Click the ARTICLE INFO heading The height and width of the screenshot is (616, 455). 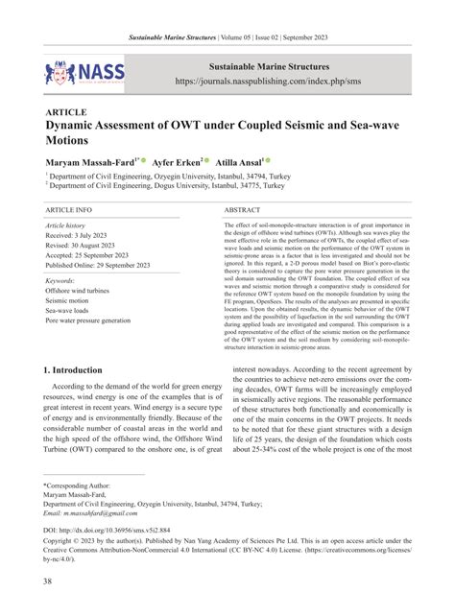coord(69,208)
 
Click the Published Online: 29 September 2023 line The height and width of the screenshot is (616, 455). coord(104,265)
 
